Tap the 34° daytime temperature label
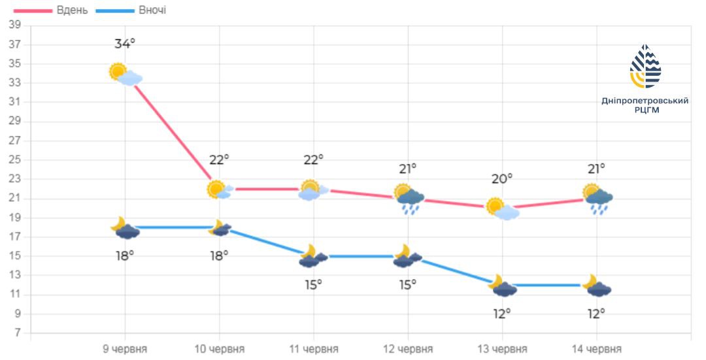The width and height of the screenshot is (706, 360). tap(125, 44)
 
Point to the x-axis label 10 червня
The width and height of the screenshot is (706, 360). tap(220, 349)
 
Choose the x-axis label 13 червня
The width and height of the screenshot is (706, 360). tap(502, 349)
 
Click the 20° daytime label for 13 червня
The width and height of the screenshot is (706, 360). tap(502, 178)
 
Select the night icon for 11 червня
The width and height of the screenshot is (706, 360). tap(313, 256)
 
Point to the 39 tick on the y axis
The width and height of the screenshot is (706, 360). tap(15, 25)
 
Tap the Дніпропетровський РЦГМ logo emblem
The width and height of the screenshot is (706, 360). tap(645, 67)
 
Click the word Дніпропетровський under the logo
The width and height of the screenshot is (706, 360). tap(645, 101)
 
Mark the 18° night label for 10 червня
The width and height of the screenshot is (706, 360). tap(219, 255)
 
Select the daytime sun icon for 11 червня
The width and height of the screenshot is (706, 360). tap(311, 189)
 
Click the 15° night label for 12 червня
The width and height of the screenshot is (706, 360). tap(408, 284)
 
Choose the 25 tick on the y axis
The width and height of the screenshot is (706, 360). tap(15, 160)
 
